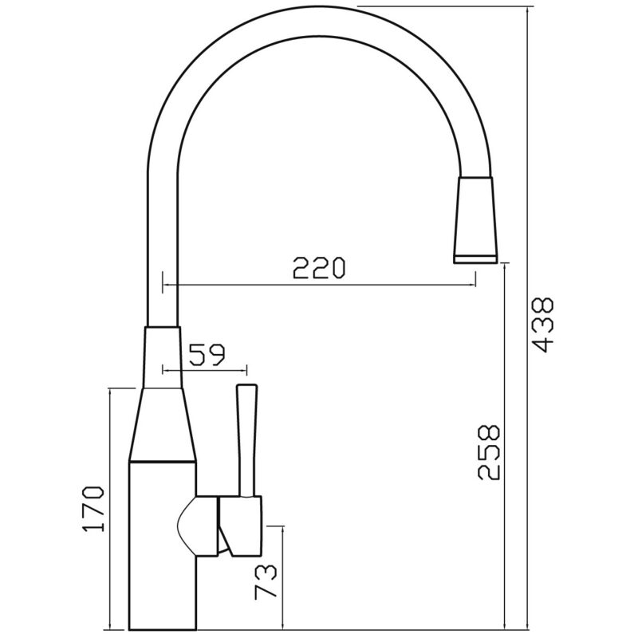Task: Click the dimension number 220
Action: (319, 267)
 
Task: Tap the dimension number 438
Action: (543, 325)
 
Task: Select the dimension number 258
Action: (488, 453)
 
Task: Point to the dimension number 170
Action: (93, 509)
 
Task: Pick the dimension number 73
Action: (266, 581)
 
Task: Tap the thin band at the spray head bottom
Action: (475, 259)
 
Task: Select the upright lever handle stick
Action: (247, 440)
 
